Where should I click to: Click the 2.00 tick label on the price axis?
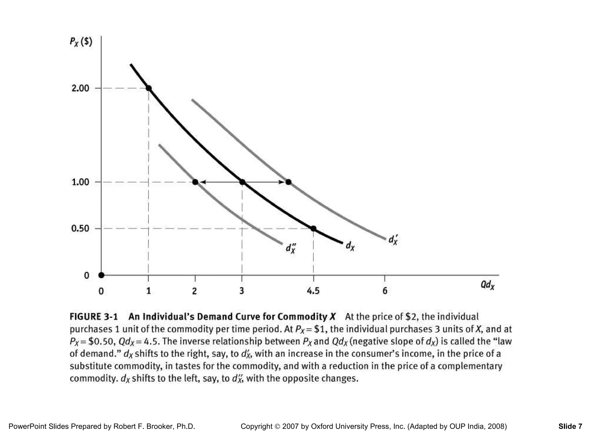click(80, 88)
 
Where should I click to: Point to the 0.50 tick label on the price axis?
click(80, 229)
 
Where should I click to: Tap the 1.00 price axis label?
click(80, 182)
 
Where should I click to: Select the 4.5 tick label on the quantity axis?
click(313, 291)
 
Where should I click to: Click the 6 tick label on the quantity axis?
click(385, 291)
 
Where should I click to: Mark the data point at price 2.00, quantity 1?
click(149, 88)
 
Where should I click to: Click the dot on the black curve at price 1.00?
click(242, 182)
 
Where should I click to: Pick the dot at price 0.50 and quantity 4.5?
click(313, 229)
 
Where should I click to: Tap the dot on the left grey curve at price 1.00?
click(195, 182)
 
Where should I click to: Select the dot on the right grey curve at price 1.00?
click(288, 182)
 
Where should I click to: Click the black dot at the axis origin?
click(101, 275)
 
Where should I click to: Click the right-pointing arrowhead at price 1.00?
click(281, 182)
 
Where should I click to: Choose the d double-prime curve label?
click(291, 248)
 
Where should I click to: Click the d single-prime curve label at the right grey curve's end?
click(393, 240)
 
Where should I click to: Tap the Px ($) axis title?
click(81, 42)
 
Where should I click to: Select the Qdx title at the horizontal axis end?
click(487, 285)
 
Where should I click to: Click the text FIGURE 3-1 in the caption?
click(94, 317)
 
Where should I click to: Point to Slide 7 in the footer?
click(570, 426)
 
